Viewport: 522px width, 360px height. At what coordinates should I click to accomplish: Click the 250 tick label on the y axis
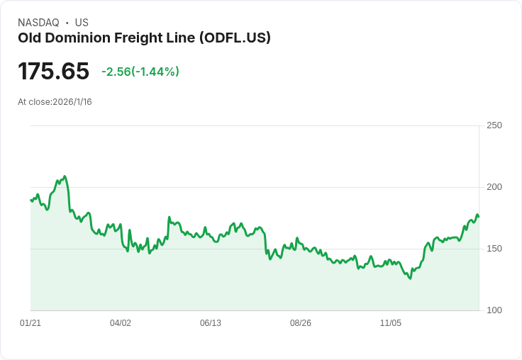(x=494, y=125)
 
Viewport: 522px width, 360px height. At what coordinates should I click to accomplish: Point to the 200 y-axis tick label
(x=494, y=187)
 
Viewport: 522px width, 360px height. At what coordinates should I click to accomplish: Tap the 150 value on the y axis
(x=494, y=249)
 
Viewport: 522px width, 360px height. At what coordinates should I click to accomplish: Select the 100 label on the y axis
(x=494, y=310)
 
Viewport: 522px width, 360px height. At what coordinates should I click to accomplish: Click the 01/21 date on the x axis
(x=30, y=323)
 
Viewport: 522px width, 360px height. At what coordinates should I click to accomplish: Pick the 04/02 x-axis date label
(x=121, y=323)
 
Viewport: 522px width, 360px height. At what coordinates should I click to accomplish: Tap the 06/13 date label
(x=211, y=323)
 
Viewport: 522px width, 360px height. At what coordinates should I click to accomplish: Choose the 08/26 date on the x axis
(x=301, y=323)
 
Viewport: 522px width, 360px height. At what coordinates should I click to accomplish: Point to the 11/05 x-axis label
(x=391, y=323)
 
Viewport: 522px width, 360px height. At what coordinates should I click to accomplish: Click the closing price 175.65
(x=54, y=72)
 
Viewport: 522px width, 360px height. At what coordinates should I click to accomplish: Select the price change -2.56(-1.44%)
(x=140, y=72)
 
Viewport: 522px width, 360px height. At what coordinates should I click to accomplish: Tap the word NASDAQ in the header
(x=38, y=23)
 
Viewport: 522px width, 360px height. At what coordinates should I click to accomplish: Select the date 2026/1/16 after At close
(x=72, y=102)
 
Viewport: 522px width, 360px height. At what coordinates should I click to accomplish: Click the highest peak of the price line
(x=65, y=176)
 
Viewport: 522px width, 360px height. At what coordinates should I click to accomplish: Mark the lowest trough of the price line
(x=410, y=279)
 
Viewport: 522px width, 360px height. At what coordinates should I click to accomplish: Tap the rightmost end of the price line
(x=479, y=216)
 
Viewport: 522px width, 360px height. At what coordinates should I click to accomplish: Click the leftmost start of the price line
(x=30, y=200)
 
